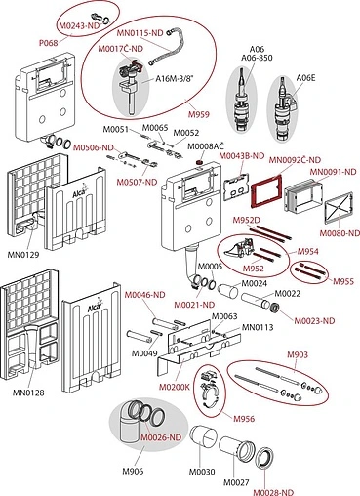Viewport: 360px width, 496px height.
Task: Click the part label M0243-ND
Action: click(79, 25)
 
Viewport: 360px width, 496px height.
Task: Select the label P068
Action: click(48, 43)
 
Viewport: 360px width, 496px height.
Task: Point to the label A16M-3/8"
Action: click(175, 78)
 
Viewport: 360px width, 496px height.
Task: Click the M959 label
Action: click(199, 114)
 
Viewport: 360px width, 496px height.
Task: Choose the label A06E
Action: click(305, 78)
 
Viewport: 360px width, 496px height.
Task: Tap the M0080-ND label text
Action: click(340, 233)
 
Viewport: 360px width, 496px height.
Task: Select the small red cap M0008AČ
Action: click(200, 161)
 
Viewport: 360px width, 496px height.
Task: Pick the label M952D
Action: click(247, 220)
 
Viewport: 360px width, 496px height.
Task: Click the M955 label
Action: click(343, 281)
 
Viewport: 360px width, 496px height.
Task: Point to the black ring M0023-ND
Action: click(276, 307)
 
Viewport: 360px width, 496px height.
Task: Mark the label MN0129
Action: click(23, 255)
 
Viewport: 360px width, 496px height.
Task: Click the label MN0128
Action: click(28, 393)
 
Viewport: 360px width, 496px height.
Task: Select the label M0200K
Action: click(174, 387)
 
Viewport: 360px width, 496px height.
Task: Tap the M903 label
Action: click(298, 354)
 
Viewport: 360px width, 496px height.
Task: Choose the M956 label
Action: click(244, 419)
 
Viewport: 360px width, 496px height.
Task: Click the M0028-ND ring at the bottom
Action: click(264, 458)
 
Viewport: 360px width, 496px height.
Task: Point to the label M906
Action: click(133, 471)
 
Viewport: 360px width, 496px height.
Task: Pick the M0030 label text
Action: click(202, 472)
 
